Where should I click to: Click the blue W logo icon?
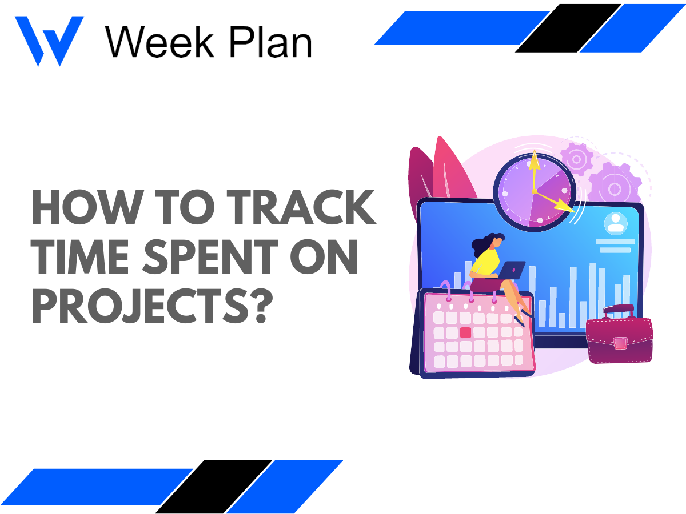(49, 40)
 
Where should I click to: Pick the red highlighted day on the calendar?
(465, 332)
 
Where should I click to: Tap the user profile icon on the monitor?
(616, 223)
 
